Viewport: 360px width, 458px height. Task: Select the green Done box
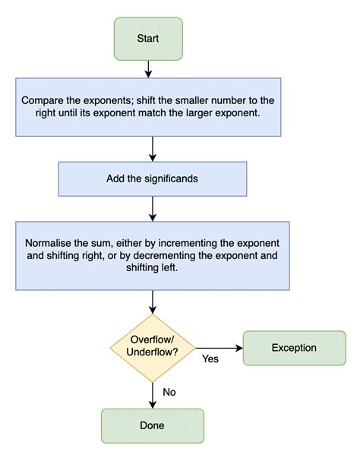point(152,425)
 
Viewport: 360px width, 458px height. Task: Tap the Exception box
point(294,349)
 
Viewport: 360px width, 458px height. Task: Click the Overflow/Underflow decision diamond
point(153,348)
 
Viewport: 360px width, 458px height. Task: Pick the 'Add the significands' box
point(152,178)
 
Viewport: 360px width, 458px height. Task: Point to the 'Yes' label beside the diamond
point(210,359)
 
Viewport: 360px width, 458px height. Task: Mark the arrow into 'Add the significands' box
point(152,148)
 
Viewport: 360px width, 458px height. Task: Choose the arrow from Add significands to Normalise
point(152,207)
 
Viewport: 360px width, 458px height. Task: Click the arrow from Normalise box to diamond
point(152,302)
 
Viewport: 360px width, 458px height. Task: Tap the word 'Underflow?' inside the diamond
point(153,354)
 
